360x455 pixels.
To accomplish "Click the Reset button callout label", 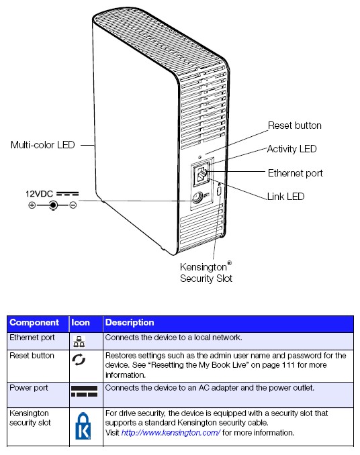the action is click(x=294, y=125).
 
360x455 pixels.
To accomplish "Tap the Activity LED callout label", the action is click(x=291, y=149).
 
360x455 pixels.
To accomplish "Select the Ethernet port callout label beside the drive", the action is click(x=295, y=173).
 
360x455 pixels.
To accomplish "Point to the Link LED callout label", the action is click(x=285, y=197).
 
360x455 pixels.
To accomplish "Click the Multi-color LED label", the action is click(x=43, y=145).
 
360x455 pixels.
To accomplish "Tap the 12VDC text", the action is click(x=39, y=194).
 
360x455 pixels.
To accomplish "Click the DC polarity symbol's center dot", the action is click(x=53, y=205).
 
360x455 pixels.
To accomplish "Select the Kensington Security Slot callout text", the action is click(x=206, y=272).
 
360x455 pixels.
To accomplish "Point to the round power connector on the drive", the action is click(x=197, y=198).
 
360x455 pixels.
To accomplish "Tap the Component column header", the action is click(x=34, y=322).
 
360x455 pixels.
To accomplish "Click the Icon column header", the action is click(x=81, y=322).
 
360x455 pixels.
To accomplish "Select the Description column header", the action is click(x=130, y=322).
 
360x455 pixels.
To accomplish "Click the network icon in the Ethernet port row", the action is click(x=79, y=341).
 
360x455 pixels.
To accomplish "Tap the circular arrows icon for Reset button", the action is click(x=79, y=360).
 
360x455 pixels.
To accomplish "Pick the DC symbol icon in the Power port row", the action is click(x=84, y=391).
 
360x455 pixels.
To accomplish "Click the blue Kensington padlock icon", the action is click(x=83, y=425).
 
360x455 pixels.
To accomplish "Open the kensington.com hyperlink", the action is click(x=171, y=433).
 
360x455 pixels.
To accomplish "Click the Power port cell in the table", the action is click(x=29, y=388).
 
